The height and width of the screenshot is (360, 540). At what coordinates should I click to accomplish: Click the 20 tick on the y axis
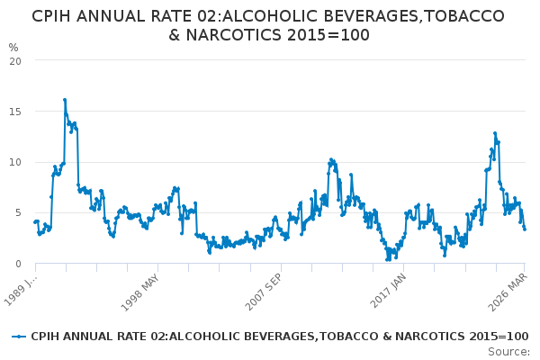(x=15, y=60)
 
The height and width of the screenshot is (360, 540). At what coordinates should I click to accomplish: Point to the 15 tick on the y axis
(x=15, y=112)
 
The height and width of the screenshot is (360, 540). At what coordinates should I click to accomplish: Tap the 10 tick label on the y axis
(x=15, y=162)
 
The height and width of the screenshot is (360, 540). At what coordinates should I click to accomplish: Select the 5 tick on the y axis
(x=18, y=213)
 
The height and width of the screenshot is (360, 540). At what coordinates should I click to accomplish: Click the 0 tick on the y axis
(x=18, y=264)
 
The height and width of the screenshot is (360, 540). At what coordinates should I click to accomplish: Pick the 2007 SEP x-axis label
(x=278, y=287)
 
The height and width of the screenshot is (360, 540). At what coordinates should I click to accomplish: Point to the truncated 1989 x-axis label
(x=21, y=287)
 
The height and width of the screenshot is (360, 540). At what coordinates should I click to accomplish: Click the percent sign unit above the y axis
(x=13, y=47)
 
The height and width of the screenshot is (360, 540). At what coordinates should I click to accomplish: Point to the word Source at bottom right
(x=510, y=352)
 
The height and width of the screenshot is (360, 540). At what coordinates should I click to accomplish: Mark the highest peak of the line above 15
(x=65, y=100)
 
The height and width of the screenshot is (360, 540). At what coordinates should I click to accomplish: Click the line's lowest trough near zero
(x=387, y=259)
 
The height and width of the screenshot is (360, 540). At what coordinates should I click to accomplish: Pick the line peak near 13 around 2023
(x=494, y=133)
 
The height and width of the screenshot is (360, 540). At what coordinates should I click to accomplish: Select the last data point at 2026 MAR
(x=525, y=229)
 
